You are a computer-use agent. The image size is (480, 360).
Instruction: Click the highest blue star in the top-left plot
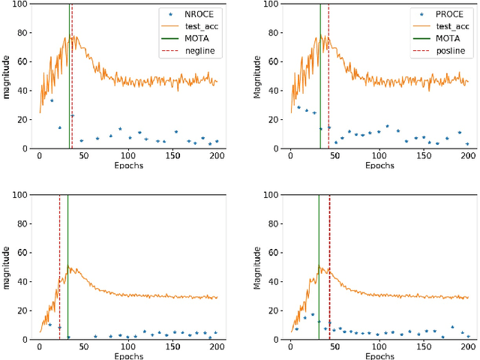pyautogui.click(x=52, y=100)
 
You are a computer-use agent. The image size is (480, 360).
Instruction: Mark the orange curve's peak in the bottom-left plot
pyautogui.click(x=69, y=265)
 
